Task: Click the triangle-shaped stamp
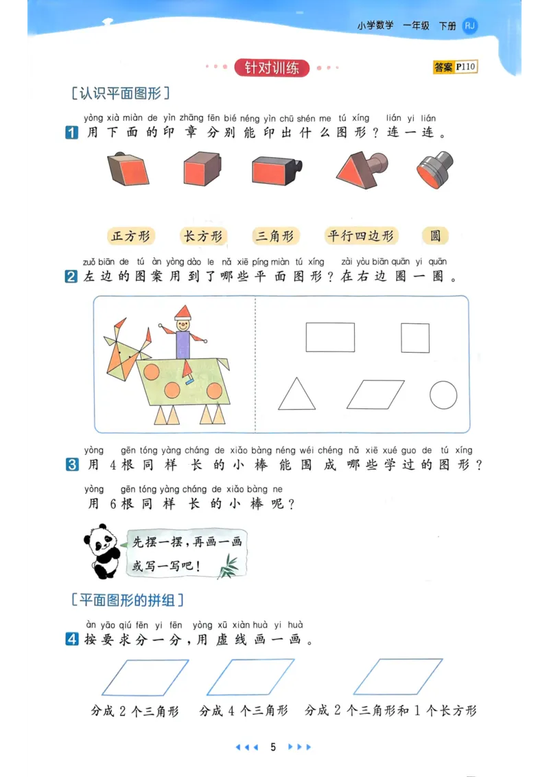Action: tap(357, 168)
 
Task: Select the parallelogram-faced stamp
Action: tap(130, 170)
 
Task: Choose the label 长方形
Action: tap(203, 236)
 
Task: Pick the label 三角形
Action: tap(275, 236)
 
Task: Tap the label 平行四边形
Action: tap(361, 236)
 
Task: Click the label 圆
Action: tap(435, 236)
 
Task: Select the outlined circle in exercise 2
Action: tap(443, 395)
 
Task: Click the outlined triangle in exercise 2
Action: tap(296, 395)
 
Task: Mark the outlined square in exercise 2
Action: tap(415, 338)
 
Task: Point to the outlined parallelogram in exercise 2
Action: tap(375, 395)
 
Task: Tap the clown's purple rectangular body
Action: tap(183, 344)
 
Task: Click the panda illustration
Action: tap(103, 550)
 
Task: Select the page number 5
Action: tap(273, 747)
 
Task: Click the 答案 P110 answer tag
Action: tap(454, 67)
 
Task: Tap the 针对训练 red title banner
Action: tap(272, 68)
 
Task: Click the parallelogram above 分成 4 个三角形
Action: tap(250, 677)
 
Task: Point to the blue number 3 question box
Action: tap(72, 465)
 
